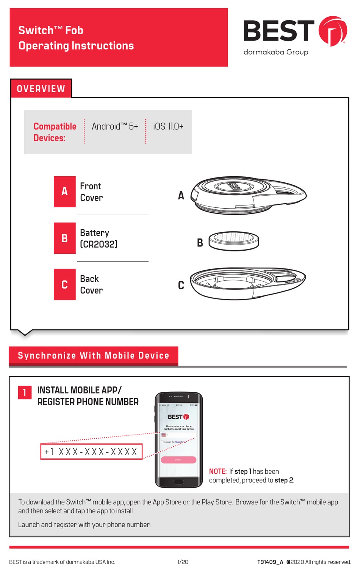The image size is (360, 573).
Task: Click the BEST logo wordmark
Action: [x=279, y=31]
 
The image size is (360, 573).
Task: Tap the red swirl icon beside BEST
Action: [x=332, y=31]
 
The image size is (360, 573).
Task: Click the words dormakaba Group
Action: [x=275, y=52]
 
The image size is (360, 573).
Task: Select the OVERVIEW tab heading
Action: [x=41, y=89]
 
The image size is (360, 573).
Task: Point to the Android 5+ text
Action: [x=114, y=127]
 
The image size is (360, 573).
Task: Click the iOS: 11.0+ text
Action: [x=168, y=127]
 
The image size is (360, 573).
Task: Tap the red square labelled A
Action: [x=65, y=192]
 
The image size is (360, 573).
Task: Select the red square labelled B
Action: [x=65, y=238]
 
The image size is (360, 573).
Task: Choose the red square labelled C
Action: [x=65, y=284]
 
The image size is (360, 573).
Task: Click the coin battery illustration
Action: [x=233, y=241]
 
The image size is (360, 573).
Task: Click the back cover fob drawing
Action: [x=248, y=283]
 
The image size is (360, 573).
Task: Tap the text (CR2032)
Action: [x=99, y=244]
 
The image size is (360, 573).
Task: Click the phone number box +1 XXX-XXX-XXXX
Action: [x=91, y=452]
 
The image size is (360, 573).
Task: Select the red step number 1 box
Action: [x=25, y=392]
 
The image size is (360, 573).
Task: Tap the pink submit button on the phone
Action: [x=178, y=460]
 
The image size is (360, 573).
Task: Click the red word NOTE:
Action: [x=218, y=471]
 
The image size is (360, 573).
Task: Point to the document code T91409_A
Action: [x=270, y=562]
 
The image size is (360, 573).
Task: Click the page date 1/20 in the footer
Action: [x=183, y=562]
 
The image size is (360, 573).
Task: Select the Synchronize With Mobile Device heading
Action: [x=93, y=356]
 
